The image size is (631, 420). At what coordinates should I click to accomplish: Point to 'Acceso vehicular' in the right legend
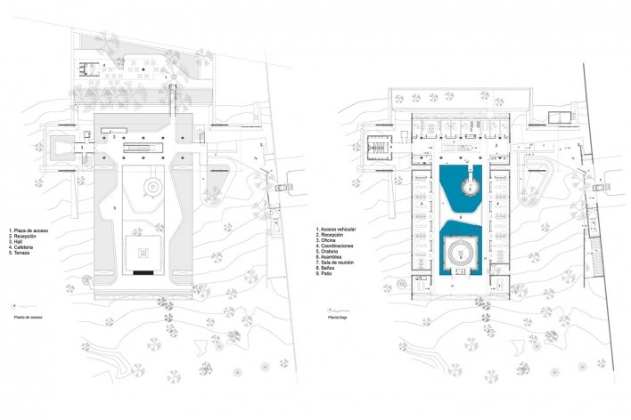click(342, 229)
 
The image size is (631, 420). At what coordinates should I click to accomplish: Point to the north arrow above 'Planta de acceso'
click(26, 303)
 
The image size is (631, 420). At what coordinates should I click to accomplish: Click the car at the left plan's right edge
click(282, 188)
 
